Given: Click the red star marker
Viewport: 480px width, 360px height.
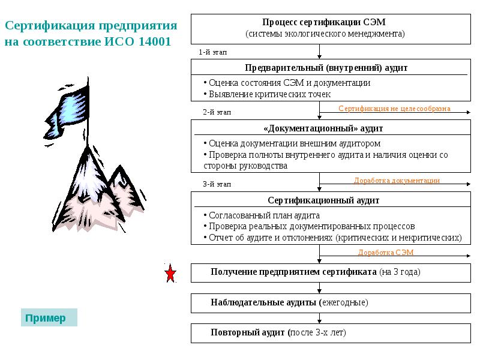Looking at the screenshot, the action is pyautogui.click(x=170, y=274).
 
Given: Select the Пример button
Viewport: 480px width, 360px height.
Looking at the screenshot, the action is pyautogui.click(x=49, y=318).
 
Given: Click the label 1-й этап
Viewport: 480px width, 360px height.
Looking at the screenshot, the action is pyautogui.click(x=212, y=52).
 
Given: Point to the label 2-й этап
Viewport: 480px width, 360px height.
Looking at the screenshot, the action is pyautogui.click(x=216, y=112).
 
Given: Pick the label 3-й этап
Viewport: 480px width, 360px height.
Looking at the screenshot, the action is pyautogui.click(x=216, y=184).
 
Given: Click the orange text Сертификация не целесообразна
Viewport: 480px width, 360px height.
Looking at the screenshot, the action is pyautogui.click(x=394, y=109).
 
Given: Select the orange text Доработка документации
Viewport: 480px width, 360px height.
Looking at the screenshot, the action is pyautogui.click(x=397, y=181).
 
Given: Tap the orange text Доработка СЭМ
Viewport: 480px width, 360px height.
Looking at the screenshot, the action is pyautogui.click(x=386, y=253).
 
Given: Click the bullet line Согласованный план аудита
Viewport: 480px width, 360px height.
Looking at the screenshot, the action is pyautogui.click(x=263, y=215).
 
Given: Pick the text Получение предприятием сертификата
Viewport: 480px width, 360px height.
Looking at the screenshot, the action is pyautogui.click(x=293, y=272).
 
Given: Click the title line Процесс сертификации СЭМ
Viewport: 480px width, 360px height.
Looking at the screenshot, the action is pyautogui.click(x=324, y=22).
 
